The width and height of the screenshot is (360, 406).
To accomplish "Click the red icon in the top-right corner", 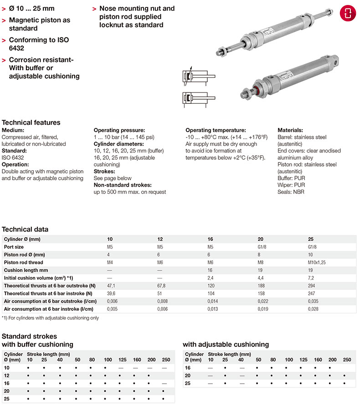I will point(347,12).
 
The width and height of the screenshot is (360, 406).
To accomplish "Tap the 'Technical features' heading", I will point(31,122).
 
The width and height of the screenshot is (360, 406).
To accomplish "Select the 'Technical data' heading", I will point(25,229).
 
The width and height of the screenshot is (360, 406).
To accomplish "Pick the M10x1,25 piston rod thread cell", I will point(318,262).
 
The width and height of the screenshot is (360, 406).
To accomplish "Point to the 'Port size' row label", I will point(14,247).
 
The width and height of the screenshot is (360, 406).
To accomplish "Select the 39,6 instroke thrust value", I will point(111,293).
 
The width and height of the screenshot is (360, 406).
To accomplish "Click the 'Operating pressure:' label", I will point(119,130).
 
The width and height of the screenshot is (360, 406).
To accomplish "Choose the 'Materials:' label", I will point(290,130).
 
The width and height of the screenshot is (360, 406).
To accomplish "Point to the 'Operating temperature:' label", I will point(216,130).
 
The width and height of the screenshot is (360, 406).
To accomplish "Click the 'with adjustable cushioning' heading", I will point(226,345).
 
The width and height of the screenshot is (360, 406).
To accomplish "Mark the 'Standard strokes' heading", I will point(30,337).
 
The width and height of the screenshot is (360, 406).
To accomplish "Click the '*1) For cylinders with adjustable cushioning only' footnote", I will point(50,318).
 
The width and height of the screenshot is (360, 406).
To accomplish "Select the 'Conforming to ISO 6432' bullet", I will point(39,44).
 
